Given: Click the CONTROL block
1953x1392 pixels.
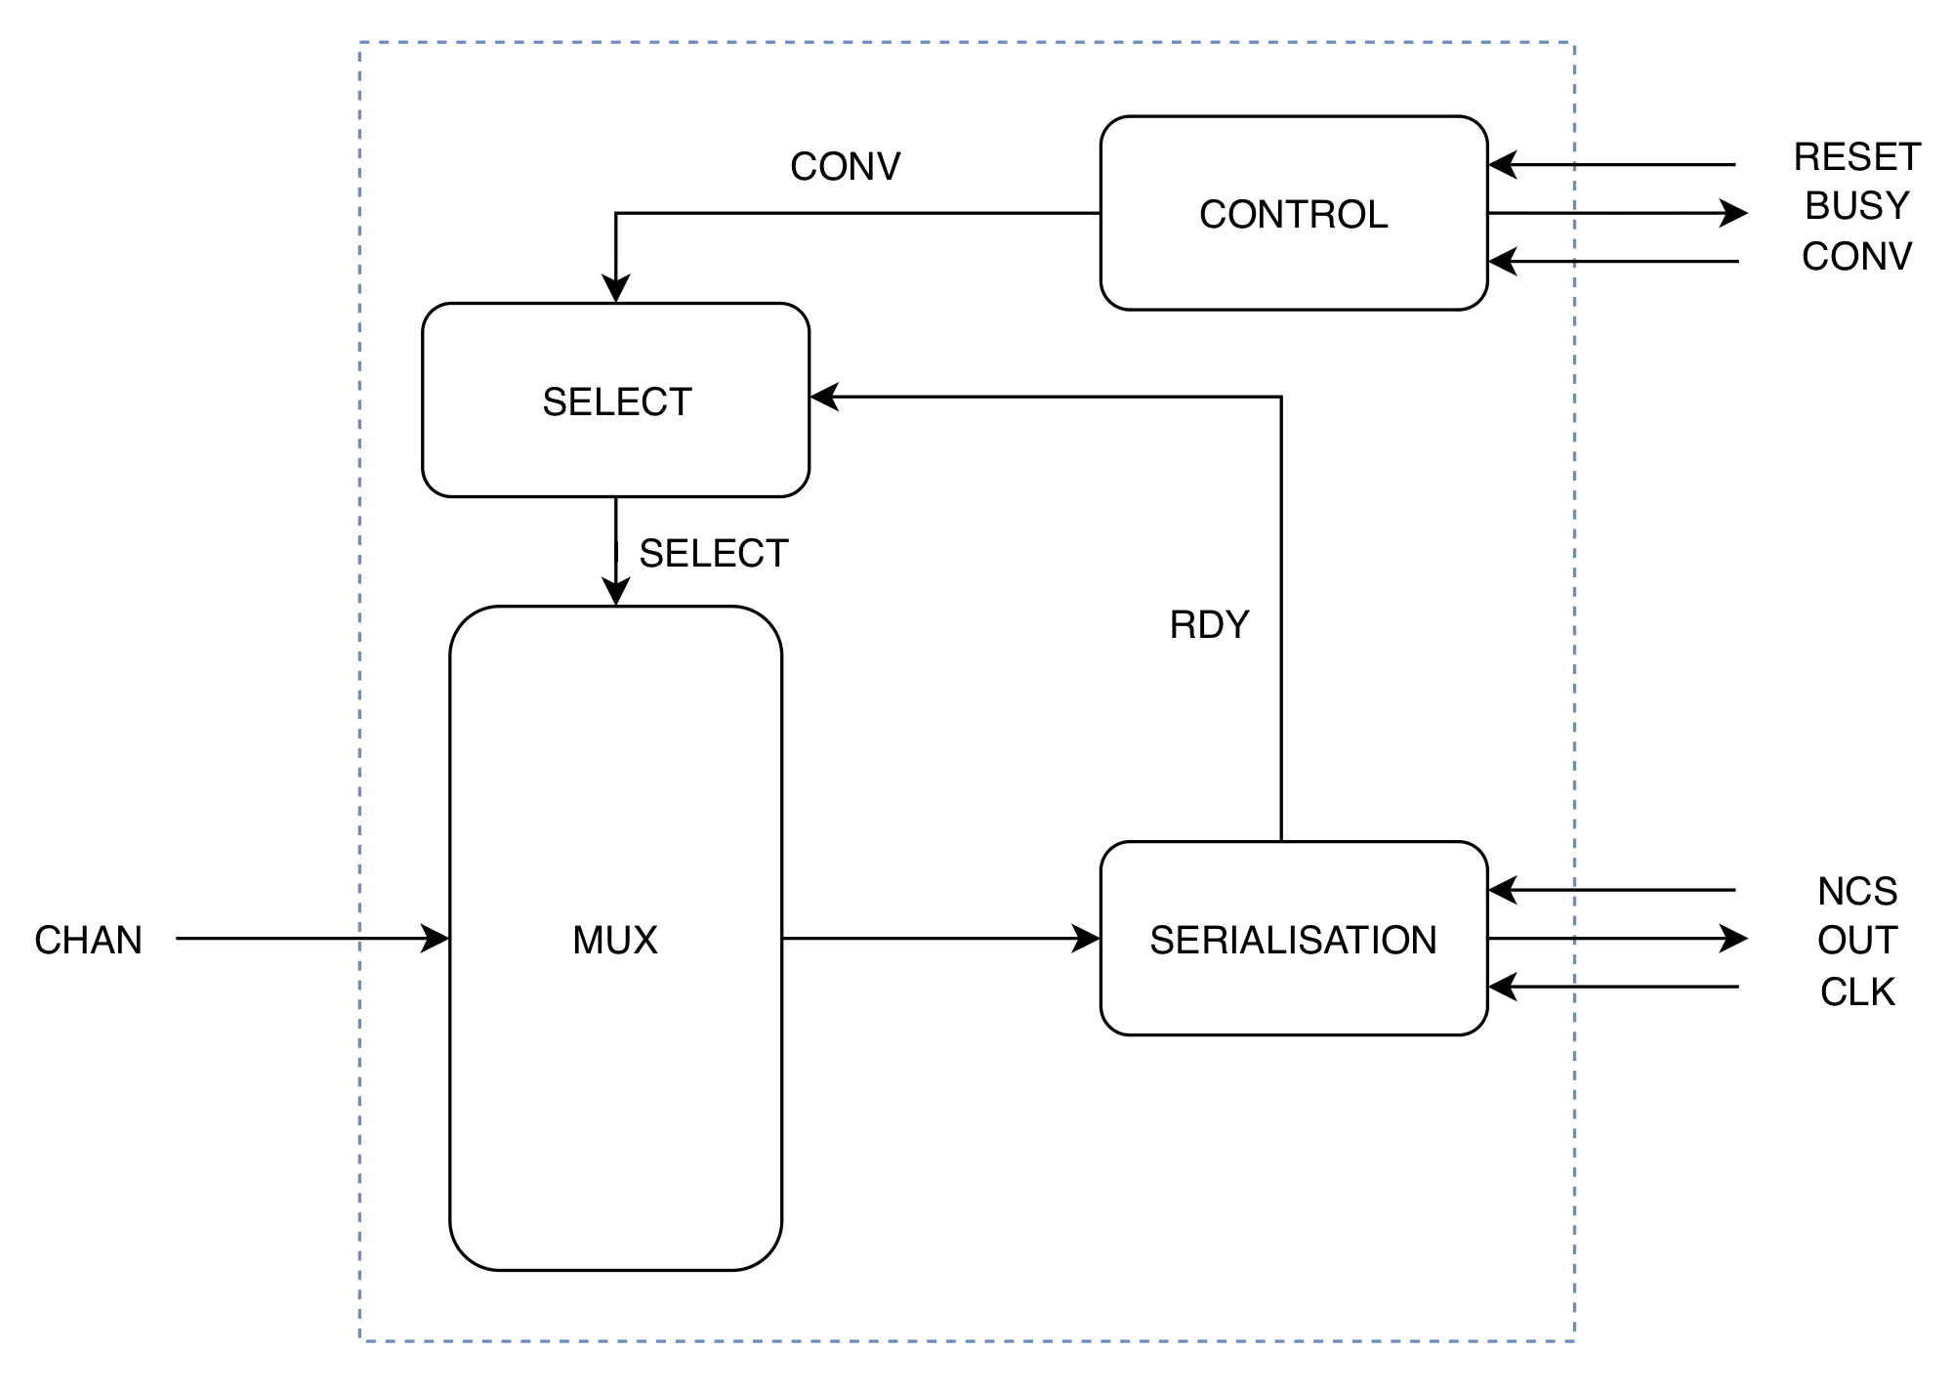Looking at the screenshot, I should click(1293, 214).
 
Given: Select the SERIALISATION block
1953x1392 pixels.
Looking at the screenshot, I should click(1293, 939).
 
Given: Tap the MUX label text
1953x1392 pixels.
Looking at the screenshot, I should click(615, 940).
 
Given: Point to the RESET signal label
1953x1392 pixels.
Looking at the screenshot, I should click(1856, 157).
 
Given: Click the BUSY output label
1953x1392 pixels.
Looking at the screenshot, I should click(1856, 206).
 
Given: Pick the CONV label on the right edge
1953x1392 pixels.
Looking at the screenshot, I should click(1856, 257).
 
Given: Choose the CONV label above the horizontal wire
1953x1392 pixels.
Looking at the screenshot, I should click(845, 166).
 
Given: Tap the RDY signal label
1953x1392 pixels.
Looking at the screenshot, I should click(1209, 625).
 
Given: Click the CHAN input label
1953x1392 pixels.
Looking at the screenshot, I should click(88, 940).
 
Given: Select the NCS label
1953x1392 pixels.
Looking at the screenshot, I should click(1856, 891).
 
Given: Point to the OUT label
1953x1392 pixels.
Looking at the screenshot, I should click(1856, 940).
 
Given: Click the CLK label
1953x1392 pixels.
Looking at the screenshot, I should click(1856, 991).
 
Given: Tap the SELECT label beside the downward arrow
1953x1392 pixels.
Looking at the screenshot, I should click(713, 554).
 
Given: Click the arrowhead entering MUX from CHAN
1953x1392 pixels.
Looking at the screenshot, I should click(436, 939).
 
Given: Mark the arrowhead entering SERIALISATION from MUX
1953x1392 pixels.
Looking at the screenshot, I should click(1087, 939).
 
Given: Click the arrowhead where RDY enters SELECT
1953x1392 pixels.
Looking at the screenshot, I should click(824, 397).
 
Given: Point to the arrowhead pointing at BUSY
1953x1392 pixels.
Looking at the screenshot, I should click(1734, 213).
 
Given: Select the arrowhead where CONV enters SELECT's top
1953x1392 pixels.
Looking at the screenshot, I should click(615, 290).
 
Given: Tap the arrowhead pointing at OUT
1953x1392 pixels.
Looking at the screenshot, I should click(1734, 939).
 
